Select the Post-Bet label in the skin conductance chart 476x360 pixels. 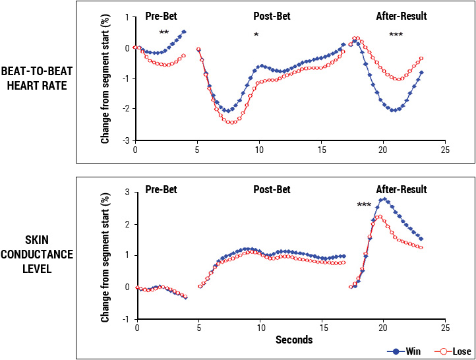tap(272, 190)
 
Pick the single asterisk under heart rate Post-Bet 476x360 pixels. tap(256, 34)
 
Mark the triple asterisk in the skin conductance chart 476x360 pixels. tap(364, 205)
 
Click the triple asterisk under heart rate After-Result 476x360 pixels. tap(396, 34)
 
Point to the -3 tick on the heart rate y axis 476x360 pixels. tap(125, 140)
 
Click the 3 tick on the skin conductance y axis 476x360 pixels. tap(127, 192)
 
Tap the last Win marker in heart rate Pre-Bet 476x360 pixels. tap(184, 32)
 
